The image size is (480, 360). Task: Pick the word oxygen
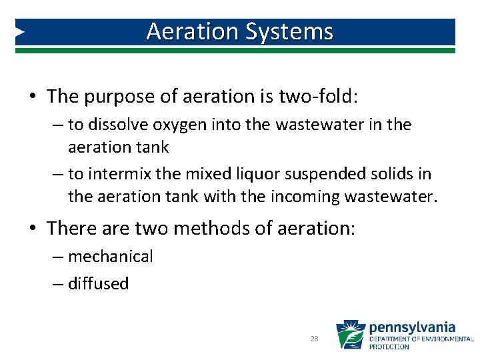(176, 125)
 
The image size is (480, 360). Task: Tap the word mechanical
(111, 257)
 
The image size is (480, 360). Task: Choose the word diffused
(98, 283)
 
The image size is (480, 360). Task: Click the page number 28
(315, 339)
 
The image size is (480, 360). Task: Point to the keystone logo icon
(351, 335)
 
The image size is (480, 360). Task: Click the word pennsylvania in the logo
(412, 327)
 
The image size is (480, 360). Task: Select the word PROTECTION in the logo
(389, 347)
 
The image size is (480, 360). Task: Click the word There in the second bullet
(71, 229)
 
